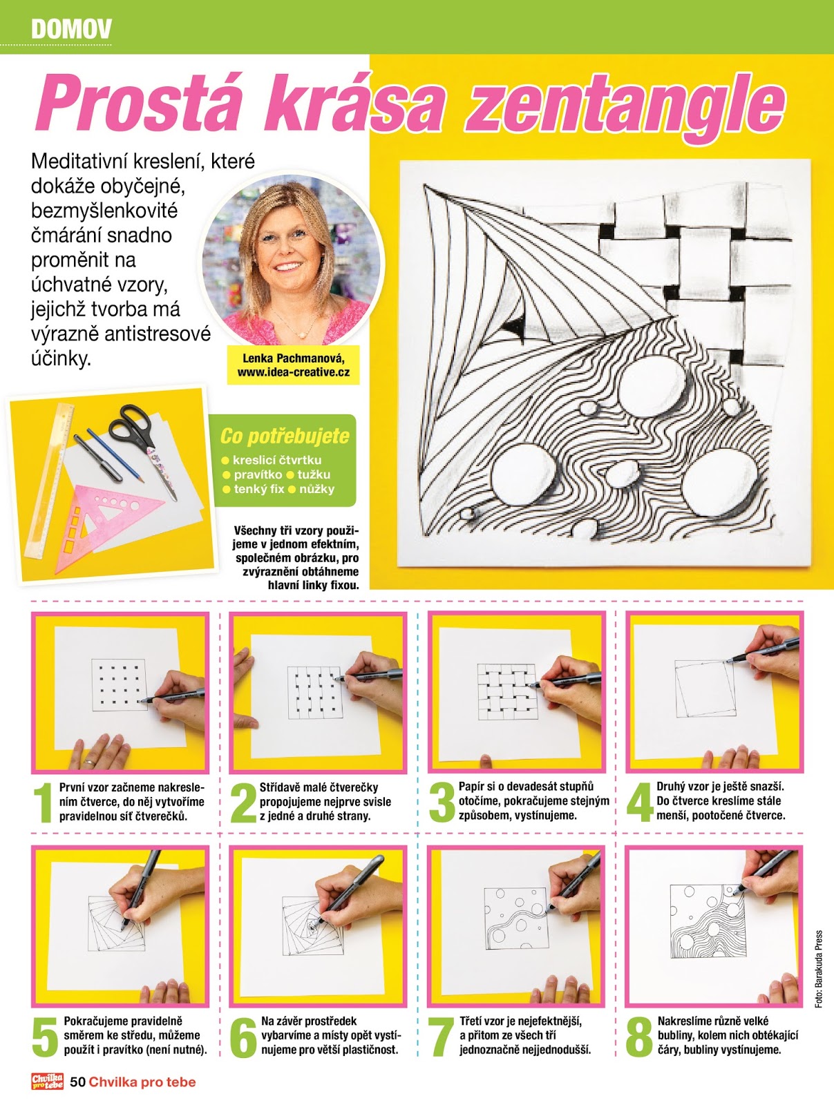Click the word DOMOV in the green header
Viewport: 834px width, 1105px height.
click(x=71, y=29)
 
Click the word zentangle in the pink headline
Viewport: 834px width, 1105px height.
click(x=625, y=108)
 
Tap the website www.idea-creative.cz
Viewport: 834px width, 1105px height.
click(x=294, y=372)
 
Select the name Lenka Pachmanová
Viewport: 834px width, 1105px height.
click(x=294, y=358)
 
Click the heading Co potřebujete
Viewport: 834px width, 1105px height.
click(x=285, y=436)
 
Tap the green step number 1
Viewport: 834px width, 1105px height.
click(x=44, y=803)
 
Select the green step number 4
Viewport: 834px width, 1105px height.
click(x=640, y=801)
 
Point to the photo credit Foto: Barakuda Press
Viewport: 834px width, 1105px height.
click(x=819, y=969)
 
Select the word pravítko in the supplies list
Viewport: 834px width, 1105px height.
click(x=258, y=474)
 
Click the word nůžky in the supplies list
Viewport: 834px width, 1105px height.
click(x=316, y=489)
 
